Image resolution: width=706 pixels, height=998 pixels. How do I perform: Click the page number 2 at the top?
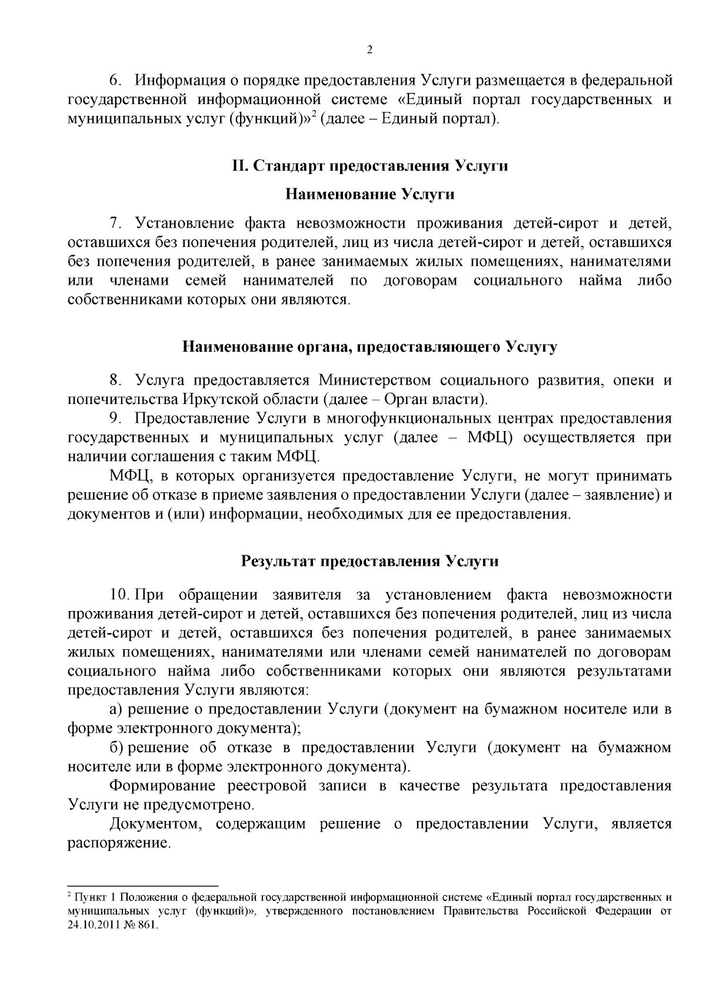(369, 50)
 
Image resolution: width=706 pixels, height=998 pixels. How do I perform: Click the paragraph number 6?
(115, 79)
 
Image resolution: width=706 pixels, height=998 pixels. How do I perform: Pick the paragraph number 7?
(115, 223)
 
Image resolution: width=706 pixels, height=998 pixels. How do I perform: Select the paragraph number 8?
(115, 380)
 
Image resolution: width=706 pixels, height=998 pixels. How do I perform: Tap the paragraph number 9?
(115, 418)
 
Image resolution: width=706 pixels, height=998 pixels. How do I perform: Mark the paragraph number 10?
(116, 595)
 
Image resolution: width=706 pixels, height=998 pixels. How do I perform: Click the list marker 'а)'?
(116, 709)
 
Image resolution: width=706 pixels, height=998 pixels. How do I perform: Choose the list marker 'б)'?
(116, 747)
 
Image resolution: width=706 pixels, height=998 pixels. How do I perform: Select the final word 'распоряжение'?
(118, 844)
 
